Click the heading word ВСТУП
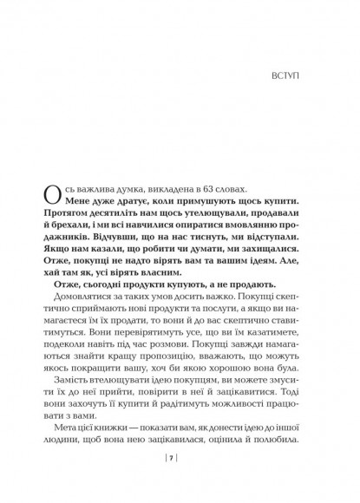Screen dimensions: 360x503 point(290,88)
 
